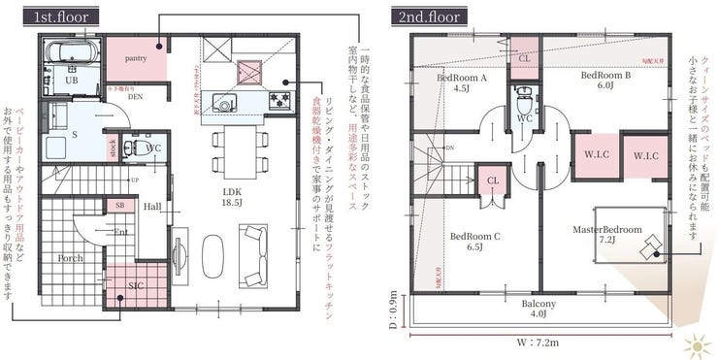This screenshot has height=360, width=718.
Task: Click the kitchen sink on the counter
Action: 224,102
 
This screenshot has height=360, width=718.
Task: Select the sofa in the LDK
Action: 255,255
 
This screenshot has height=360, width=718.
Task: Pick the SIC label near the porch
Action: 137,287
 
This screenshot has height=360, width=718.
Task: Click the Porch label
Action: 70,259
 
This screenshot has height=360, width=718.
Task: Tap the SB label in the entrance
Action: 120,206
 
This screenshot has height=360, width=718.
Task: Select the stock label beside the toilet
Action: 114,149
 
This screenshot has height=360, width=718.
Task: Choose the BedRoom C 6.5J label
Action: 474,241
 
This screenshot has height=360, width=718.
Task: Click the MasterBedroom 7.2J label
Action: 607,235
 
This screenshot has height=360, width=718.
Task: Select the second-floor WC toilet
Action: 524,100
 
